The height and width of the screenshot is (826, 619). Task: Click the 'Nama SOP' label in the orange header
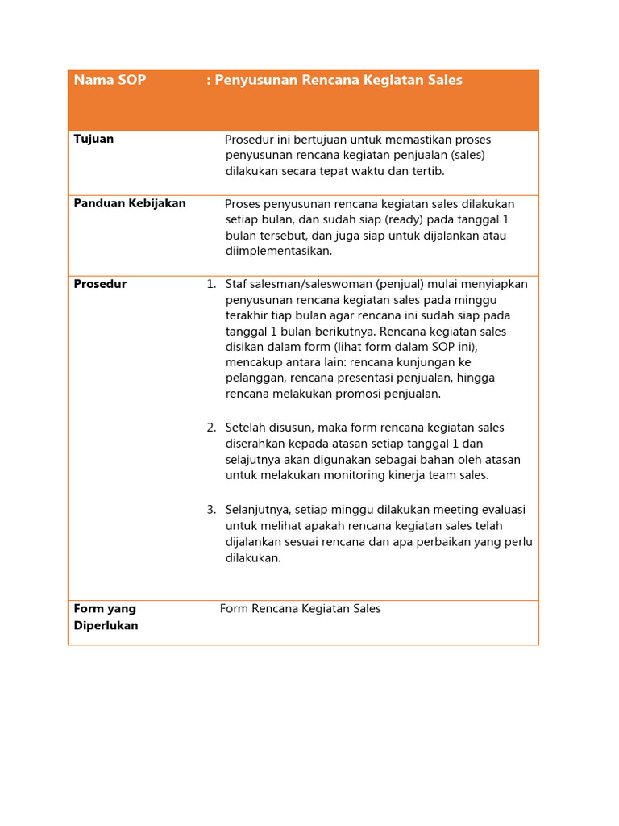[x=110, y=80]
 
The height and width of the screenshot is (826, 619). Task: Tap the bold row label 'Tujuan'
[x=93, y=139]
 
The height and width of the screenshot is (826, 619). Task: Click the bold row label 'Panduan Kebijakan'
[x=130, y=203]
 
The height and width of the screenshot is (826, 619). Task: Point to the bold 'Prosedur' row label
[x=100, y=284]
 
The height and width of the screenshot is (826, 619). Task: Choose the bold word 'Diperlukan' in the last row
[x=106, y=625]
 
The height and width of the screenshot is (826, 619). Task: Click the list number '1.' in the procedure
[x=211, y=284]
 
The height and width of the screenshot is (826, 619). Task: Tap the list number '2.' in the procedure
[x=211, y=428]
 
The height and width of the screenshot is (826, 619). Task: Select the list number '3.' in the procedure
[x=211, y=509]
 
